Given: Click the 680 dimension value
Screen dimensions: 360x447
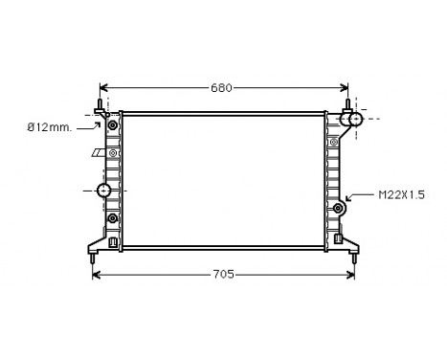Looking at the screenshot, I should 222,88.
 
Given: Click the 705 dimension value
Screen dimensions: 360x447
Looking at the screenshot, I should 222,275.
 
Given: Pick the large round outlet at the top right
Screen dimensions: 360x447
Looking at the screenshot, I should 354,120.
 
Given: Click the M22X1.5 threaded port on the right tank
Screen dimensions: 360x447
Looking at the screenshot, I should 338,209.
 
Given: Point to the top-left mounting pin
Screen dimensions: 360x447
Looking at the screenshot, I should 100,106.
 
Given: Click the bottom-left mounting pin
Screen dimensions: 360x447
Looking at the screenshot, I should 92,256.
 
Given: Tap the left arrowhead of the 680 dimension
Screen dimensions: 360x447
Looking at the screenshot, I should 105,88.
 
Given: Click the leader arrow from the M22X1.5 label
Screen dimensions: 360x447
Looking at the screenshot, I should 350,197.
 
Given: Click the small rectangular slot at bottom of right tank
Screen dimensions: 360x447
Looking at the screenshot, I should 338,236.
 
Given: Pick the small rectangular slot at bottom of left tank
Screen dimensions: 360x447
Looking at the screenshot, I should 114,240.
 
